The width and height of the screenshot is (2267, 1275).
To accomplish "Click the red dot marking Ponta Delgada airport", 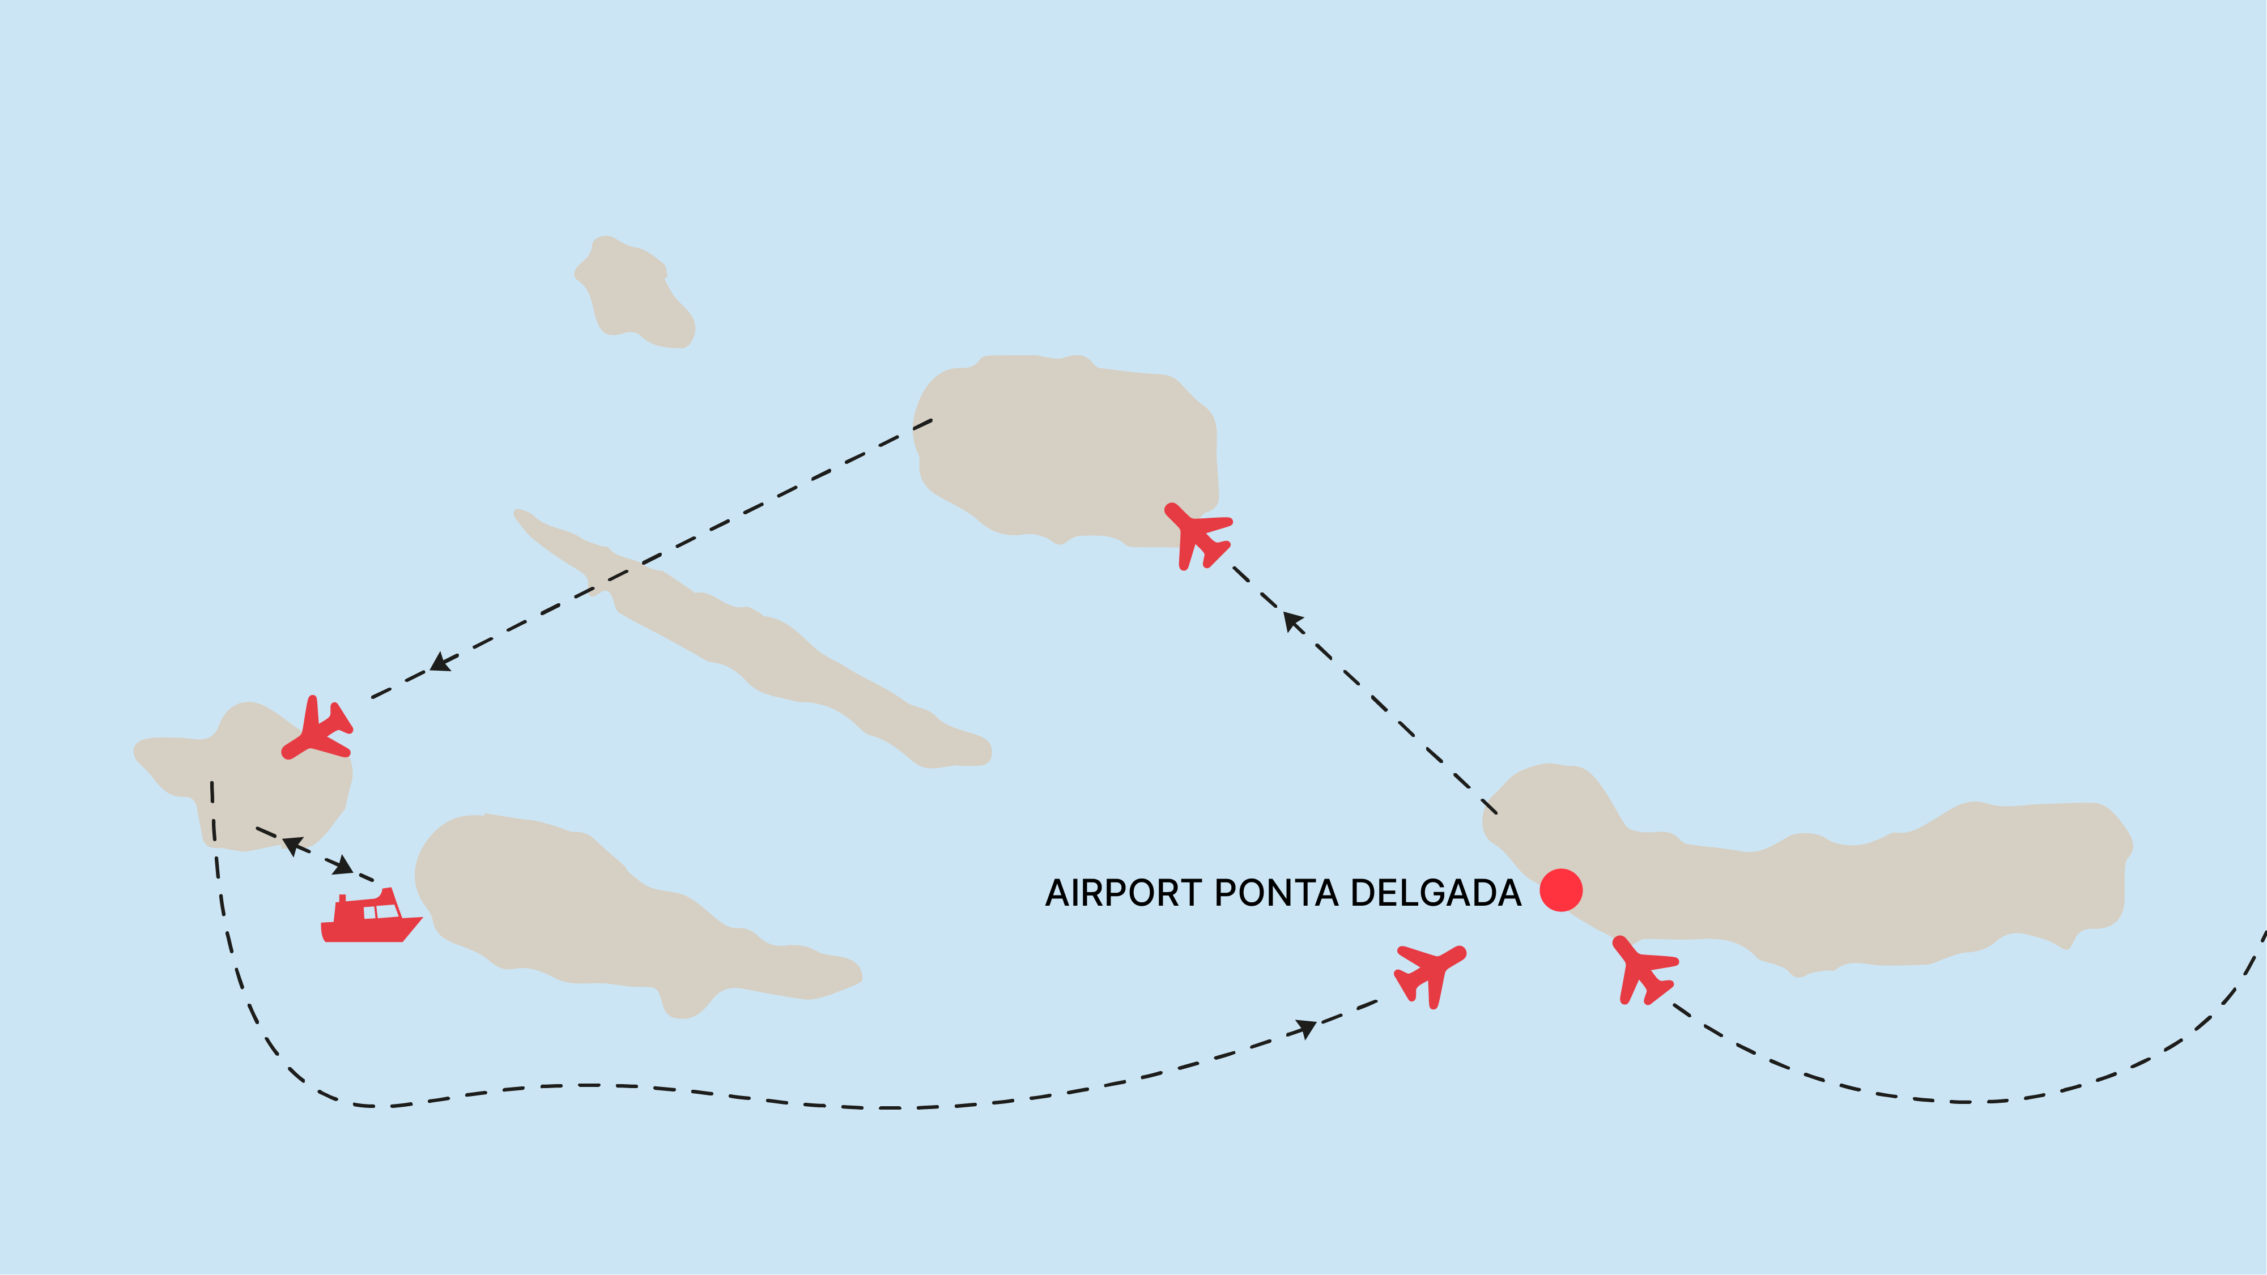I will click(1561, 890).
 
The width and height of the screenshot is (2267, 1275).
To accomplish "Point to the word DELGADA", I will click(1435, 893).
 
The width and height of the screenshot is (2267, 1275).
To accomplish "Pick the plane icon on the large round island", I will click(1198, 535).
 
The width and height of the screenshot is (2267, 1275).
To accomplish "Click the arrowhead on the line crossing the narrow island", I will click(440, 663).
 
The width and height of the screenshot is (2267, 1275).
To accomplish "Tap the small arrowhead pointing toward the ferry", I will click(342, 866).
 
